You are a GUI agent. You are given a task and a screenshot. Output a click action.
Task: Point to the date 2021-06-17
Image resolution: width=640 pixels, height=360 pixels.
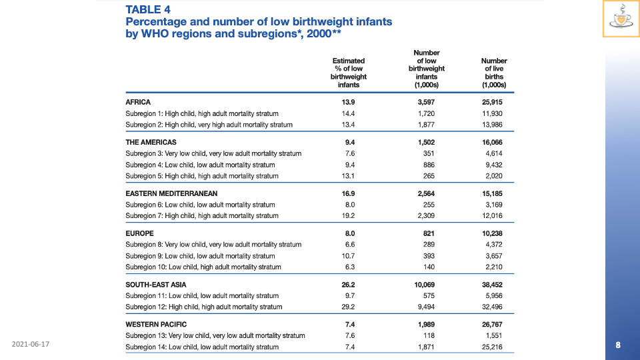tap(31, 344)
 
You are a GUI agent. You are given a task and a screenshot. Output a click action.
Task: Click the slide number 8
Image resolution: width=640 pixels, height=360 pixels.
tap(618, 345)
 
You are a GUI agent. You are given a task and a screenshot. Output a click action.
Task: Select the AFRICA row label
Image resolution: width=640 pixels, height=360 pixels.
tap(138, 102)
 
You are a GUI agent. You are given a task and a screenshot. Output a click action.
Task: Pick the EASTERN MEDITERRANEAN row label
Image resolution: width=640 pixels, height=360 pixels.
tap(172, 193)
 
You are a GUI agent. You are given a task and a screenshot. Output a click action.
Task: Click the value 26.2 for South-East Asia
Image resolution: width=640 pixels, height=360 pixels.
tap(348, 284)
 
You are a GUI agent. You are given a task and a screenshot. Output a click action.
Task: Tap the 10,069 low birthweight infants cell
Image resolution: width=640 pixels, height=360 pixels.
tap(426, 284)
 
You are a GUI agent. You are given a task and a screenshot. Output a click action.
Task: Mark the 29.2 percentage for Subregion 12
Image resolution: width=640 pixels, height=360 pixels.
tap(348, 307)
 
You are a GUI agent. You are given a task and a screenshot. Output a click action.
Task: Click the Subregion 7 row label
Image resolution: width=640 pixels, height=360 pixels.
tap(202, 216)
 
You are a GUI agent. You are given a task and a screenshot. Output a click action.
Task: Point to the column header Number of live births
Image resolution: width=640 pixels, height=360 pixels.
tap(494, 73)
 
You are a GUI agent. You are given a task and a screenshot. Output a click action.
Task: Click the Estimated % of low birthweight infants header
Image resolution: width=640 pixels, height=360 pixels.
tap(348, 73)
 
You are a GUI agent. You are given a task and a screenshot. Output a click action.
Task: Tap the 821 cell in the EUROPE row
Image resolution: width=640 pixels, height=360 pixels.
tap(426, 233)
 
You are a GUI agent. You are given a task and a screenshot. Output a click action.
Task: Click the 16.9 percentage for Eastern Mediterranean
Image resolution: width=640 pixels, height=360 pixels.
tap(348, 193)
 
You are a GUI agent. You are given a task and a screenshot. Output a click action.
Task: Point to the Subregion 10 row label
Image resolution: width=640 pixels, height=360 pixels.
tap(203, 267)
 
